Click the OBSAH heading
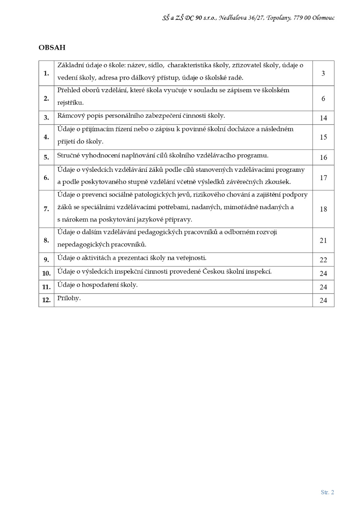pos(52,48)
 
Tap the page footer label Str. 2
pos(327,492)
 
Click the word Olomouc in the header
pos(323,18)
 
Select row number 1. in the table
pos(47,73)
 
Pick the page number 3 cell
pos(323,73)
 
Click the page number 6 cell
pos(323,98)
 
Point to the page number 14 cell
pos(323,118)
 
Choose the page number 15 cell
pos(323,137)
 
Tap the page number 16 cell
pos(323,157)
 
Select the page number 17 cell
pos(323,178)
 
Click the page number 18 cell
pos(323,209)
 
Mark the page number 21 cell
pos(323,240)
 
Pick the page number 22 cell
pos(323,260)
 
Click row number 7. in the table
pos(47,209)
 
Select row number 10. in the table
pos(47,274)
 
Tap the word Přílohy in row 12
pos(69,298)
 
